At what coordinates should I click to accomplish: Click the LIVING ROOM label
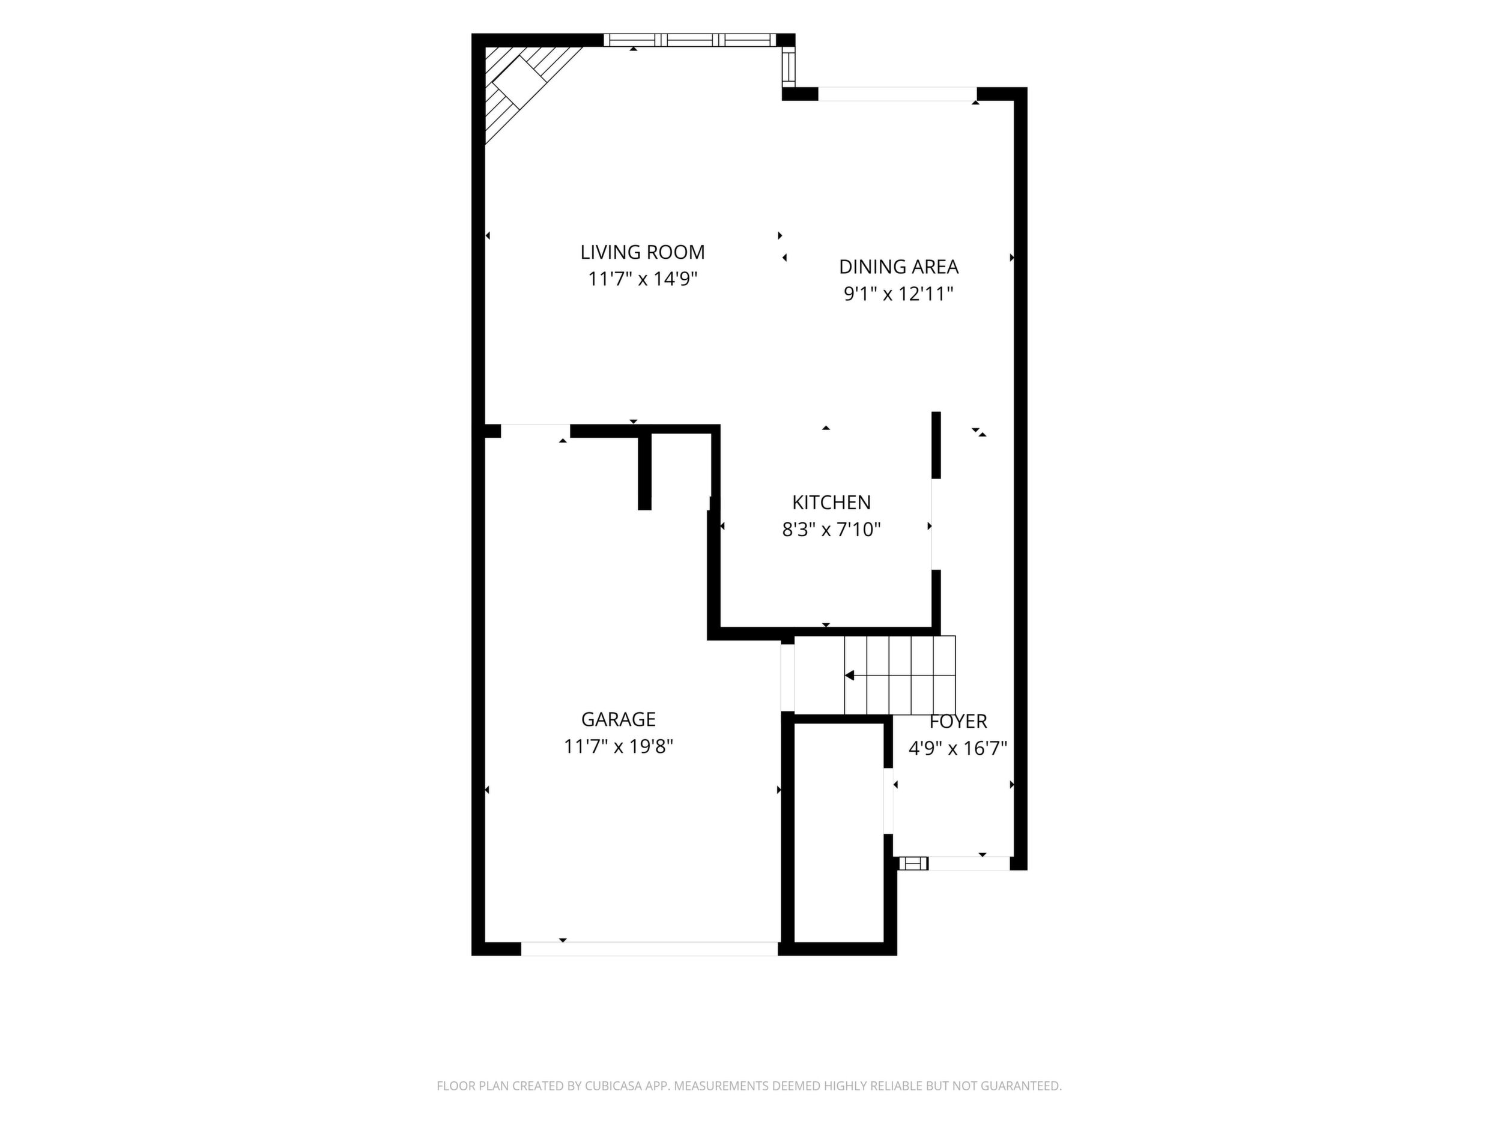(643, 252)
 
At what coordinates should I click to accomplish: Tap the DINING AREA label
(898, 267)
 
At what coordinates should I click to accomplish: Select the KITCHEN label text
(832, 502)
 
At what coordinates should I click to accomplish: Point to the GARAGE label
(618, 719)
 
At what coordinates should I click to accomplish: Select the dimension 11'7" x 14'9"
(643, 279)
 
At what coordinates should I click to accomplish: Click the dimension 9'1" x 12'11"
(898, 294)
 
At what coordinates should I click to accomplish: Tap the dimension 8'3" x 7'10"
(832, 529)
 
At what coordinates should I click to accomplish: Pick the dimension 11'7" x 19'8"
(618, 746)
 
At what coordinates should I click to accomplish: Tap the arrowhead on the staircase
(850, 675)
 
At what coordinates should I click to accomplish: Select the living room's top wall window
(690, 40)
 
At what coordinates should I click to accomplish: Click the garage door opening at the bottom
(649, 949)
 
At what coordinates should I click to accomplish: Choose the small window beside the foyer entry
(913, 863)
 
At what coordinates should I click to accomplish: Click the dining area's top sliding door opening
(898, 94)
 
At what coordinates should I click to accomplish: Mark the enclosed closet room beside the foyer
(839, 833)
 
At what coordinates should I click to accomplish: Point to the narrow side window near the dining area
(788, 67)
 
